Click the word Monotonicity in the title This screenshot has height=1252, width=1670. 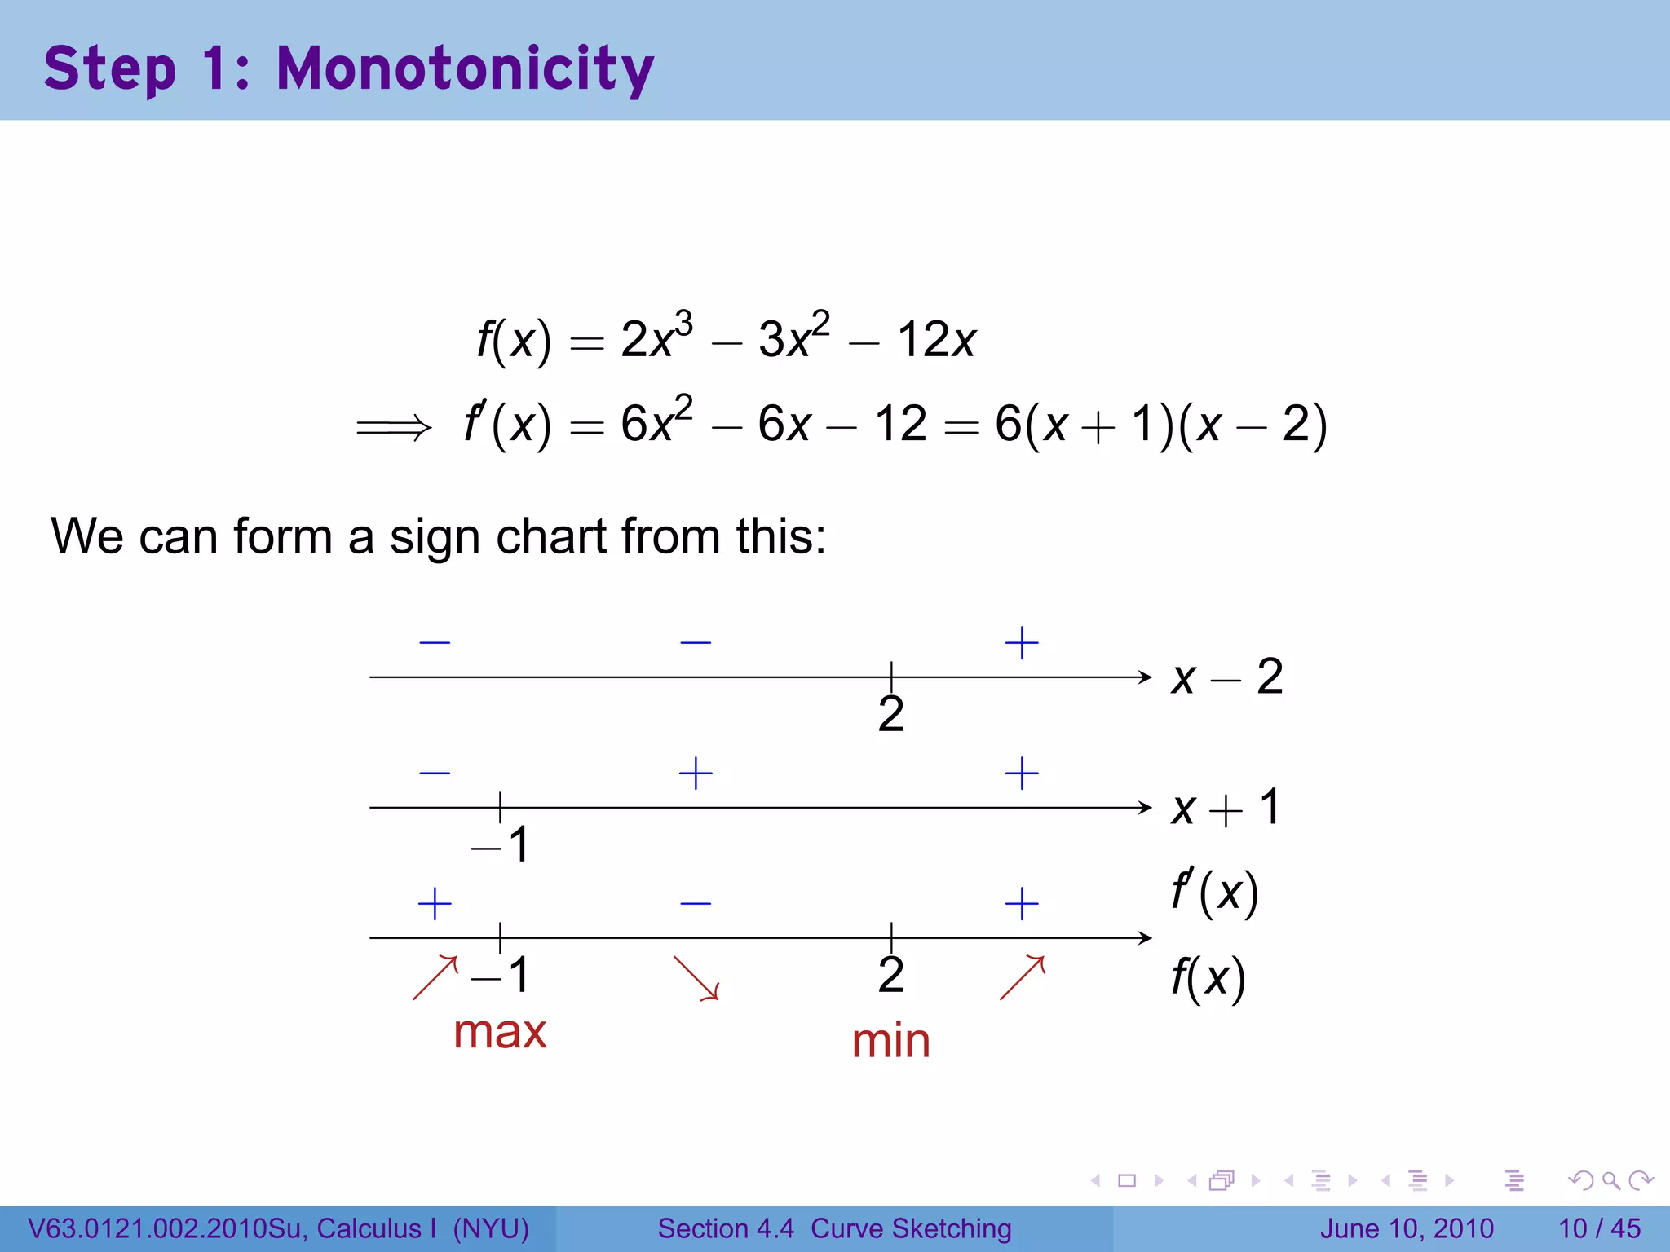465,68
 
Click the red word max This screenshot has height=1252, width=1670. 500,1033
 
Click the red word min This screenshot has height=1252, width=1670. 890,1042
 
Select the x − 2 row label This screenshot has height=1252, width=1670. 1227,677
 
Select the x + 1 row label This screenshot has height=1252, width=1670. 1226,808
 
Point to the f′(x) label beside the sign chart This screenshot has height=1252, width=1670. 1214,893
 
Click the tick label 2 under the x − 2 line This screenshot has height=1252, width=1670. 890,715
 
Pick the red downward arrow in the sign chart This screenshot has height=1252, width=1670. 696,977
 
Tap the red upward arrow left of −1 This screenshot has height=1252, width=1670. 435,977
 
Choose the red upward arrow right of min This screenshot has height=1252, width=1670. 1022,977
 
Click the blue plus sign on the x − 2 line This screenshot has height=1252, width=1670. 1022,643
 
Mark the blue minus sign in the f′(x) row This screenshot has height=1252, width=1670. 696,903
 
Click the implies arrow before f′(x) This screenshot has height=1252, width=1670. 393,426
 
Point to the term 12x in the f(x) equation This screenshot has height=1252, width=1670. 936,339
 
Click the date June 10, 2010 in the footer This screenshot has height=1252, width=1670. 1407,1228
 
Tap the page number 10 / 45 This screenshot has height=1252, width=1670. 1599,1228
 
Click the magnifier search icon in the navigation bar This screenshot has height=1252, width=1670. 1610,1180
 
